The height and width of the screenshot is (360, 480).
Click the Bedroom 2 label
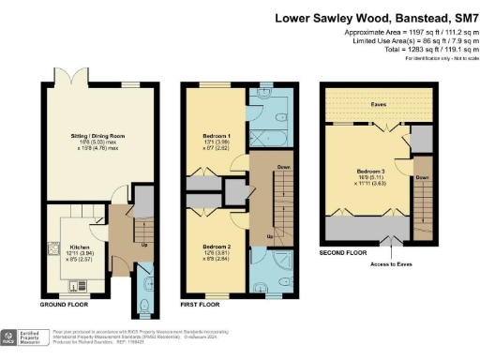(215, 246)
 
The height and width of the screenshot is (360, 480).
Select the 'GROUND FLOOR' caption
(65, 304)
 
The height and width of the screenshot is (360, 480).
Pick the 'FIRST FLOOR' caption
(202, 304)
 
